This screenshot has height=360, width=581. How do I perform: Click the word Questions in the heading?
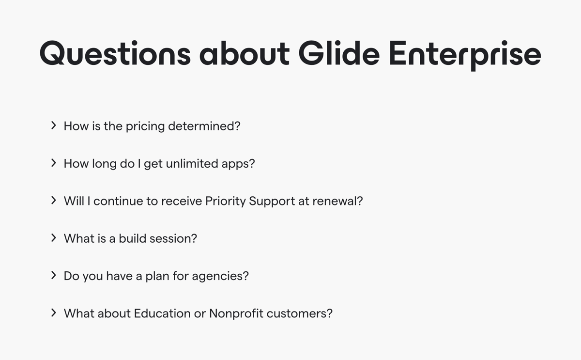click(x=115, y=53)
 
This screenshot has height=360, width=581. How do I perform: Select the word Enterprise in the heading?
click(x=464, y=53)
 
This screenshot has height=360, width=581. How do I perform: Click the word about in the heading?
click(x=245, y=53)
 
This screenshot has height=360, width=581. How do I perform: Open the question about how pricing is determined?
click(x=152, y=126)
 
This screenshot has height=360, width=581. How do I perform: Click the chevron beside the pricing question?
click(x=54, y=126)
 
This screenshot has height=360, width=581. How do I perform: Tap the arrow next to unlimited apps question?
click(x=54, y=163)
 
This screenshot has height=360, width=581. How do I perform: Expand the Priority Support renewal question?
click(x=213, y=201)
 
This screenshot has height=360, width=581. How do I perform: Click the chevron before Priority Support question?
click(x=54, y=201)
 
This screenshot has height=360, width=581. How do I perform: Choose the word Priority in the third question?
click(x=225, y=201)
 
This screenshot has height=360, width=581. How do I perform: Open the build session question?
click(x=130, y=238)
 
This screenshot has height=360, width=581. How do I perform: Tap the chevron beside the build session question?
click(x=54, y=238)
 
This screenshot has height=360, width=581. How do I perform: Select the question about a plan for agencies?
click(x=156, y=276)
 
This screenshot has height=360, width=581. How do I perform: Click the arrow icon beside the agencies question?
click(x=54, y=275)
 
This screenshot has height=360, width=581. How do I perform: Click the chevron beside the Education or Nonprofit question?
click(x=54, y=313)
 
